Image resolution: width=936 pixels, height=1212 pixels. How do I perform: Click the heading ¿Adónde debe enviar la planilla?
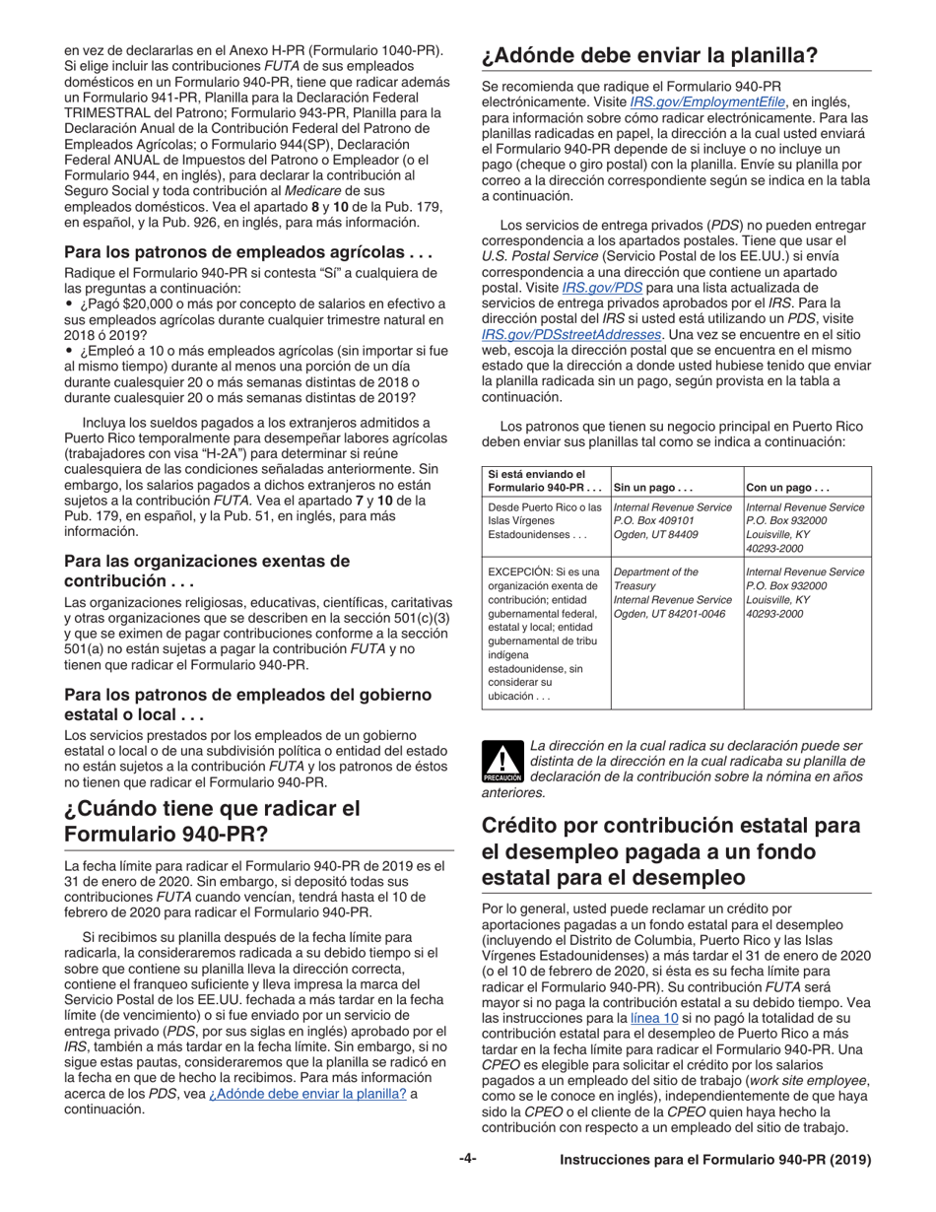(649, 56)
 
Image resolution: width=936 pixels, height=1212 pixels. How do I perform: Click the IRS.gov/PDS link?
(615, 288)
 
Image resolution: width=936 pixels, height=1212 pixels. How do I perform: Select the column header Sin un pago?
(652, 487)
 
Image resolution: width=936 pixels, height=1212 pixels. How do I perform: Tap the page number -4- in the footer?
(468, 1160)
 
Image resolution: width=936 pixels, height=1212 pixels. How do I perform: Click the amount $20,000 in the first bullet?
(126, 303)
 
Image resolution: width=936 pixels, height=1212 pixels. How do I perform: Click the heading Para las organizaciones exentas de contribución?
(207, 571)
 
